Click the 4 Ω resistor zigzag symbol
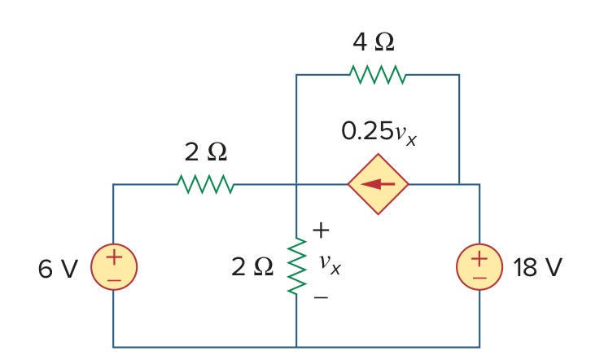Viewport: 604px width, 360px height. pyautogui.click(x=378, y=74)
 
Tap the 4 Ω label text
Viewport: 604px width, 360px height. pyautogui.click(x=374, y=42)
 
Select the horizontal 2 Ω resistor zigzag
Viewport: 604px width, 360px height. pyautogui.click(x=205, y=184)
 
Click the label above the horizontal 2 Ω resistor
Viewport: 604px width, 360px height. pyautogui.click(x=206, y=151)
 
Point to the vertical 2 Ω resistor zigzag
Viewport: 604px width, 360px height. pyautogui.click(x=296, y=266)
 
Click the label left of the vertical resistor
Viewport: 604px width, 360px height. pyautogui.click(x=252, y=266)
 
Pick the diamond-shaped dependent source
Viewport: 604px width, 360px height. pyautogui.click(x=378, y=184)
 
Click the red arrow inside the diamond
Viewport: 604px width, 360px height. pyautogui.click(x=378, y=184)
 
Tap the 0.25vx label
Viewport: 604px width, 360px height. pyautogui.click(x=379, y=134)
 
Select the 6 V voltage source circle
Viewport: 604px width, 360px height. pyautogui.click(x=114, y=266)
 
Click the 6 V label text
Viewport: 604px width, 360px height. pyautogui.click(x=58, y=268)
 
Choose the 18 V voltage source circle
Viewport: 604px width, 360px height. pyautogui.click(x=479, y=266)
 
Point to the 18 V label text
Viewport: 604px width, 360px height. pyautogui.click(x=537, y=267)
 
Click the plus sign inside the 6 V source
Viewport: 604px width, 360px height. pyautogui.click(x=114, y=257)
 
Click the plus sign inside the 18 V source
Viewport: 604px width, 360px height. pyautogui.click(x=479, y=259)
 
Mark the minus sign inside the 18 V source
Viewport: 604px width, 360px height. pyautogui.click(x=479, y=278)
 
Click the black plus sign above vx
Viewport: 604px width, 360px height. pyautogui.click(x=322, y=230)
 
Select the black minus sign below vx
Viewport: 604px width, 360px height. pyautogui.click(x=321, y=297)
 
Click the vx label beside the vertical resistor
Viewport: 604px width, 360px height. pyautogui.click(x=330, y=264)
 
